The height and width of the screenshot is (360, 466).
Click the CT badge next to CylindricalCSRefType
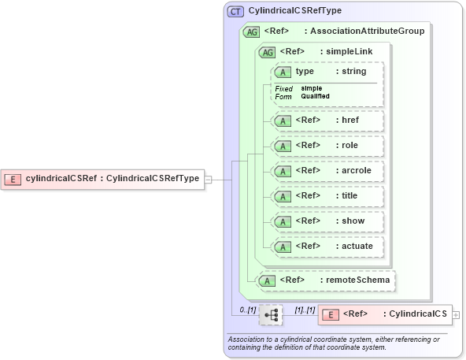235,12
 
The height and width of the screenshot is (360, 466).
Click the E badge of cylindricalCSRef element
13,179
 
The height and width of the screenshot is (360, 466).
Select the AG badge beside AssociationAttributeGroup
252,32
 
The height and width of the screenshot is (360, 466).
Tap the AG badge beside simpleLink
268,52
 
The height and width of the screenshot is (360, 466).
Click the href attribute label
350,121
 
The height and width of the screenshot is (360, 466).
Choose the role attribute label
349,146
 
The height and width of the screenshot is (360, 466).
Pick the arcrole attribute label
357,171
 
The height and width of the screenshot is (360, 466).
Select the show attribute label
353,221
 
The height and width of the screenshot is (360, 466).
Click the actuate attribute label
357,247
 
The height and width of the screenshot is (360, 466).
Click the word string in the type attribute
353,72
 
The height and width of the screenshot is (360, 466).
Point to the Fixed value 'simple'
311,88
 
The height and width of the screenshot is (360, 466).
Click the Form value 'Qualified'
315,96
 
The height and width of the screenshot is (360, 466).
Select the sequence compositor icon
271,314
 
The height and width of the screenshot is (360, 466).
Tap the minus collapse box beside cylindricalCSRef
209,179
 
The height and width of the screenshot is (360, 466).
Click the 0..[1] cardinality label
248,310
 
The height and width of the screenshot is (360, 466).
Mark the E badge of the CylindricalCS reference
331,314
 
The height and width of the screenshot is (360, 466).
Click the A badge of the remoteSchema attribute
268,280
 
